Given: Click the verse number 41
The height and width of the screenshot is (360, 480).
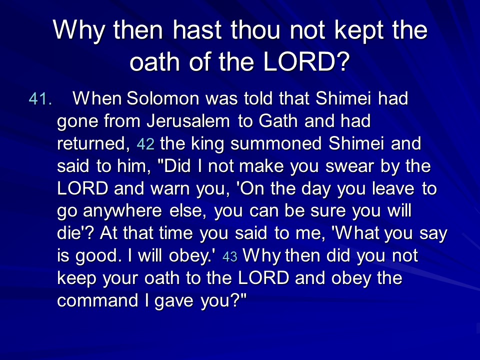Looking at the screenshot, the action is click(40, 99).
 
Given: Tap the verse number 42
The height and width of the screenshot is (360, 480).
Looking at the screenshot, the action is click(145, 144).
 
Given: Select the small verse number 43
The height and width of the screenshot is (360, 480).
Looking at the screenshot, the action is click(230, 256).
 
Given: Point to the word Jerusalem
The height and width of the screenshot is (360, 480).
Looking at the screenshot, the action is click(188, 121).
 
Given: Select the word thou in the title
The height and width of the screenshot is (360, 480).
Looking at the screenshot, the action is click(255, 30).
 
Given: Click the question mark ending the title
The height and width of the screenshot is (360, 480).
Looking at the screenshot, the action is click(343, 61).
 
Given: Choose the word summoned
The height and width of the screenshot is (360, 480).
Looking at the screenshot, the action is click(276, 143).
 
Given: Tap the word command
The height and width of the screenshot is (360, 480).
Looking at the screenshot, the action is click(97, 300).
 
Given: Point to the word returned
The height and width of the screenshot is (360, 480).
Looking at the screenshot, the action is click(91, 144).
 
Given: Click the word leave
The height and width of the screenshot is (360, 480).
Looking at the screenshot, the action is click(393, 188).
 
